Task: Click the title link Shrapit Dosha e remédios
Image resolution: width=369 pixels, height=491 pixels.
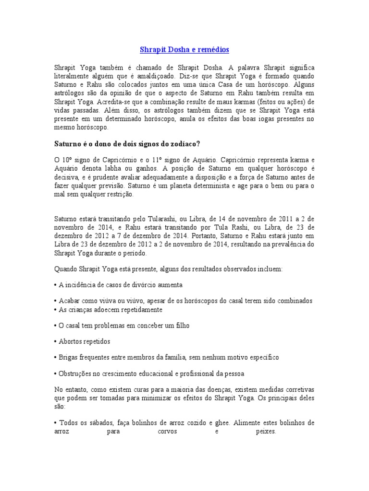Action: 184,49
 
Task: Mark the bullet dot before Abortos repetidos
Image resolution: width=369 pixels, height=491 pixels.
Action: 56,342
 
